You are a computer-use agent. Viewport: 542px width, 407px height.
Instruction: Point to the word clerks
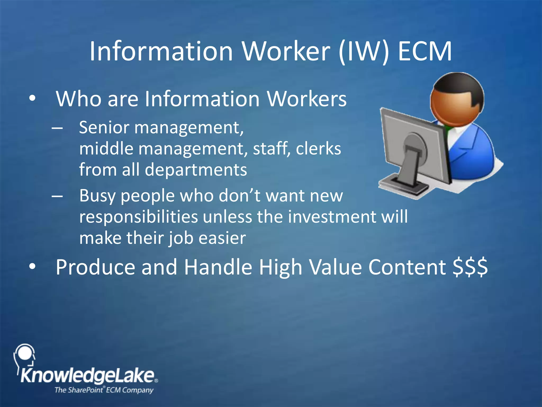coord(318,149)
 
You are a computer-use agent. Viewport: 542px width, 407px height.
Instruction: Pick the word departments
coord(196,170)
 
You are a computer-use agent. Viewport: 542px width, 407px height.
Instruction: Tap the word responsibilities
coord(138,217)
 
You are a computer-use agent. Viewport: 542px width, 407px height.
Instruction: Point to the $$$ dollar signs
coord(470,267)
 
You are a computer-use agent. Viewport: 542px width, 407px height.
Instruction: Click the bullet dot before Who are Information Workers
coord(32,99)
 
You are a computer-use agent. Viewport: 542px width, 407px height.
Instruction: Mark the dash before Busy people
coord(57,196)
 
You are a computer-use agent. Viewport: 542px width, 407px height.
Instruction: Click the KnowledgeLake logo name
coord(87,376)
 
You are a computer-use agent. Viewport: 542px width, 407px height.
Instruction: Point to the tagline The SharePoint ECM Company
coord(104,390)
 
